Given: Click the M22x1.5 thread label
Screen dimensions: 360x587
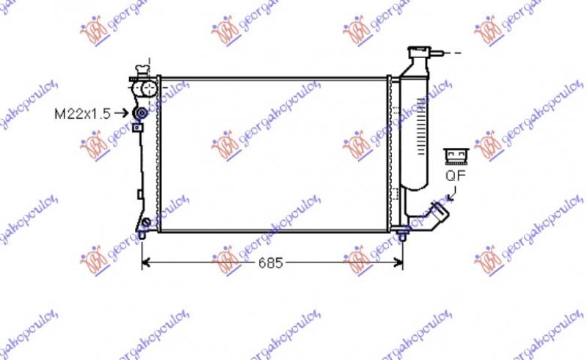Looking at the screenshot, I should pyautogui.click(x=82, y=114).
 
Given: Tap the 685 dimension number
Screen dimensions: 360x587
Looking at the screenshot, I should pyautogui.click(x=270, y=262).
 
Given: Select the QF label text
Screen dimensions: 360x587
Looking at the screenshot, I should pyautogui.click(x=455, y=175).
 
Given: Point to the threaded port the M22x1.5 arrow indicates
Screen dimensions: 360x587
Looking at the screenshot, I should pyautogui.click(x=140, y=113).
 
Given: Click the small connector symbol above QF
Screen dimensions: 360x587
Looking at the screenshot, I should pyautogui.click(x=455, y=155).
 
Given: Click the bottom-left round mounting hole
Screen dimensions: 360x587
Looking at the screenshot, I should pyautogui.click(x=145, y=223).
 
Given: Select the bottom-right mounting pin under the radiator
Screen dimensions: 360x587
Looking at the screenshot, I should pyautogui.click(x=402, y=235).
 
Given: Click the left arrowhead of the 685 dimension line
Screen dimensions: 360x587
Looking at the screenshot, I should pyautogui.click(x=145, y=262).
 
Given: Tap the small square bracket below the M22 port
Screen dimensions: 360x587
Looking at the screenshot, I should pyautogui.click(x=136, y=128).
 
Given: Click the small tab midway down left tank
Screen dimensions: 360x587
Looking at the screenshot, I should pyautogui.click(x=139, y=194).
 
